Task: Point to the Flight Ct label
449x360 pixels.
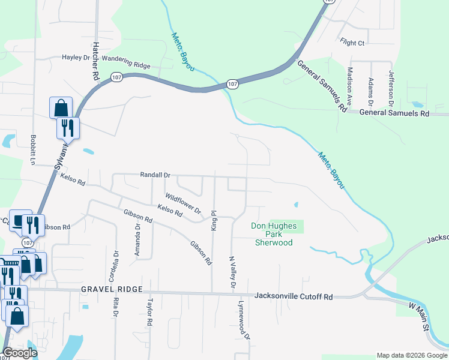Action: coord(352,43)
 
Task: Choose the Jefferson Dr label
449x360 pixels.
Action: coord(391,88)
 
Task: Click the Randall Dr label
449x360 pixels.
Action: coord(155,175)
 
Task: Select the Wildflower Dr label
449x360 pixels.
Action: coord(183,204)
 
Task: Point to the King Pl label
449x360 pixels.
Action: coord(213,220)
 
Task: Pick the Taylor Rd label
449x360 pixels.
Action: coord(150,313)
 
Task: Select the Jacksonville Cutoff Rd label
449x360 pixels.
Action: coord(294,296)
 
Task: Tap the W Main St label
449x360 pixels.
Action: coord(418,317)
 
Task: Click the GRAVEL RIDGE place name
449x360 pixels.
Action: coord(112,289)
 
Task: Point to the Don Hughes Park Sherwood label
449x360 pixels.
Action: coord(274,234)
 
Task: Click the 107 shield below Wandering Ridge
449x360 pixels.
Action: coord(116,77)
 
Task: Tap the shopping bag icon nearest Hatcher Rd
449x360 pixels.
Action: coord(61,109)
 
